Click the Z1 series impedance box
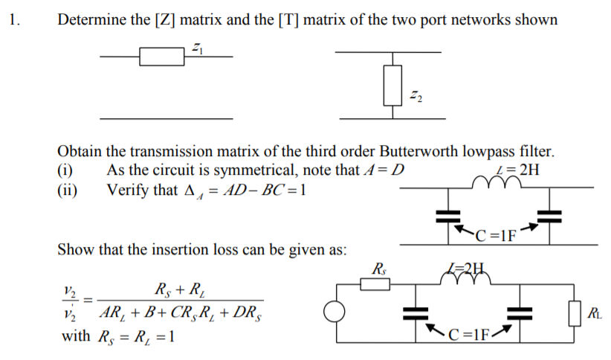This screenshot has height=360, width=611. pos(162,56)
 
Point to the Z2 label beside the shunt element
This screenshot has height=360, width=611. pos(416,94)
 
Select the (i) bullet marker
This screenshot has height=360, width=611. pos(65,170)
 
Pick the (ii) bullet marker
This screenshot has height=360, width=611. pos(67,189)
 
